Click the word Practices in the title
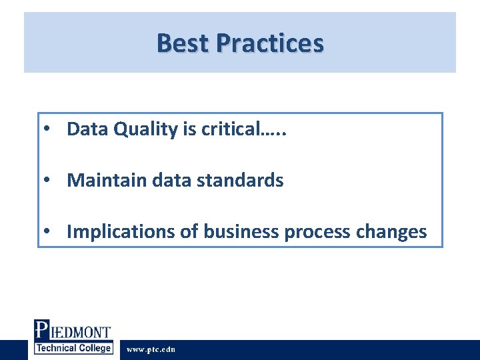[269, 43]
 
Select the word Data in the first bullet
[87, 129]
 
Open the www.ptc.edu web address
[151, 349]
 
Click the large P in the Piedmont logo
[41, 331]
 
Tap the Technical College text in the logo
[73, 348]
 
